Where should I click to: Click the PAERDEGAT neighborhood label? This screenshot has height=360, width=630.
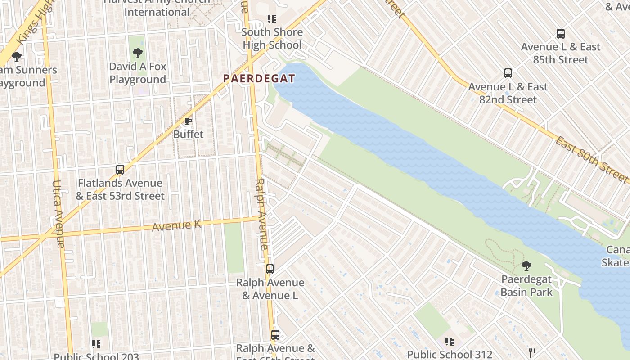click(259, 79)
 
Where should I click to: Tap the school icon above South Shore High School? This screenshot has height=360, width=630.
click(272, 19)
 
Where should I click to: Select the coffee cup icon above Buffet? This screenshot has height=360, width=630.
click(188, 121)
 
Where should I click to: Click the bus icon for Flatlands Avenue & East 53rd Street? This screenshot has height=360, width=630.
click(120, 170)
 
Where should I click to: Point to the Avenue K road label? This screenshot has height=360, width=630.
click(176, 225)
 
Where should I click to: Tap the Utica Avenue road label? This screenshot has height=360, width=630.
click(59, 214)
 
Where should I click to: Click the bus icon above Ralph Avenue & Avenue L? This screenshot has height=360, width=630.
click(270, 269)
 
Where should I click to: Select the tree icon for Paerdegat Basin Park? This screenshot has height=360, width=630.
click(526, 266)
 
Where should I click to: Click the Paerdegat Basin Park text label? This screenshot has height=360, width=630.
click(526, 286)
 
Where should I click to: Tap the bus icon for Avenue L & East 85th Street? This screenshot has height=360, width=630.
click(561, 34)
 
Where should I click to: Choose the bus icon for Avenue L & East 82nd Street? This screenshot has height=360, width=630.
click(508, 73)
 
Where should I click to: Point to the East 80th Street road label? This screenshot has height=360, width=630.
click(591, 160)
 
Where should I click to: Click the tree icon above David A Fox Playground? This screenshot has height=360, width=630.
click(138, 54)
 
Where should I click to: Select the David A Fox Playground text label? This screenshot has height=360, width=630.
click(138, 73)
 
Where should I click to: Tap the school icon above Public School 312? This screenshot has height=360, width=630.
click(450, 342)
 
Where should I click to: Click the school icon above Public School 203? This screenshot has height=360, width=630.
click(96, 344)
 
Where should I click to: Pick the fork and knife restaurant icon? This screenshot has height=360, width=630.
click(532, 352)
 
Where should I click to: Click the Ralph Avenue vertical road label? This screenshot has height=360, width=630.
click(262, 214)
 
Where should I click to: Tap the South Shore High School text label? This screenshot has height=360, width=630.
click(272, 39)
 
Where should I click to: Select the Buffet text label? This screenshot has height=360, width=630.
click(188, 134)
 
